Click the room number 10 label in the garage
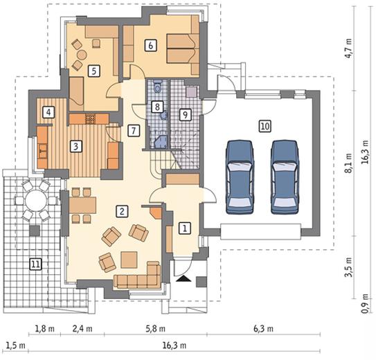pos(265,126)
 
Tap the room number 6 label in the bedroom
pos(150,45)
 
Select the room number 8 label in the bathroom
pos(157,107)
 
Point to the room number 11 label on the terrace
pos(35,264)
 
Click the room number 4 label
pos(48,112)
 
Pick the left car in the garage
pos(240,177)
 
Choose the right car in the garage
pos(285,177)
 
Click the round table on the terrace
pos(35,200)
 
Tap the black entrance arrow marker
pos(183,279)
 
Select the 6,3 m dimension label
pos(263,329)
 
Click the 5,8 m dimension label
pos(155,329)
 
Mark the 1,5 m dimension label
pos(16,345)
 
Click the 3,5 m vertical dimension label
pos(348,267)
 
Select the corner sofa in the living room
pos(137,275)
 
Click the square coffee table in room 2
pos(129,260)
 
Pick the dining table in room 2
pos(82,205)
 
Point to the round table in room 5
pos(82,55)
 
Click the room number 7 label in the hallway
pos(134,131)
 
